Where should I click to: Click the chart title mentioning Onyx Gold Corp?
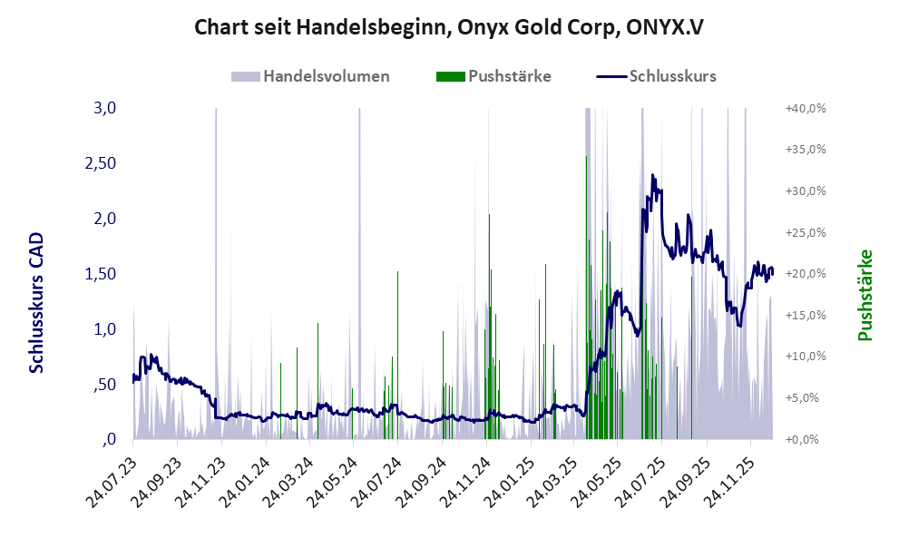(449, 27)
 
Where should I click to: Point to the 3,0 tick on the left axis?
(106, 108)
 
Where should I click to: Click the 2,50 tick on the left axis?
(101, 163)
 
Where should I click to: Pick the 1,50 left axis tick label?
(101, 274)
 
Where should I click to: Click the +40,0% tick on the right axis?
(805, 108)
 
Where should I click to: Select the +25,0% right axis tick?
(805, 232)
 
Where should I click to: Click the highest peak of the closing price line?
(652, 174)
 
